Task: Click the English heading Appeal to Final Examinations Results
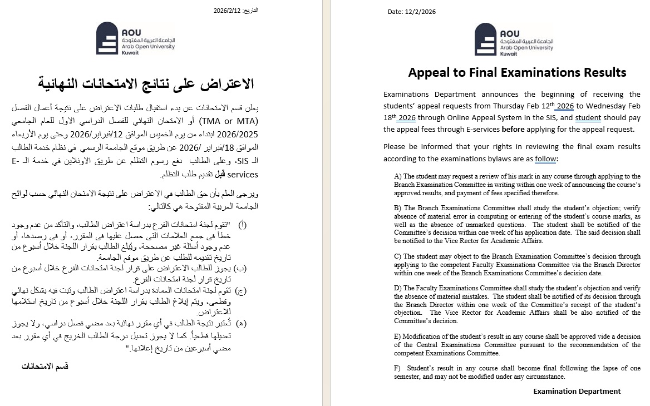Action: click(x=517, y=72)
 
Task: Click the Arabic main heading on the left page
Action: click(x=146, y=84)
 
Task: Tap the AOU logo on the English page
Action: click(x=514, y=39)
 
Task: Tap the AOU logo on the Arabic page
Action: click(x=135, y=39)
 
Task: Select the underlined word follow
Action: click(x=545, y=159)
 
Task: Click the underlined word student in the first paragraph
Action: click(x=588, y=117)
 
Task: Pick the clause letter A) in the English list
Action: click(x=398, y=176)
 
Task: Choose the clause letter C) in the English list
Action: click(x=398, y=256)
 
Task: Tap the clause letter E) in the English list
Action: click(x=397, y=336)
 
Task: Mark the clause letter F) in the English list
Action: click(x=397, y=368)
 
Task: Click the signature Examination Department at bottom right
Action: click(x=577, y=391)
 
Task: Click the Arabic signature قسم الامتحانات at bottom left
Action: click(x=45, y=366)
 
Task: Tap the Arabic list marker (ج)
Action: click(x=242, y=290)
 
